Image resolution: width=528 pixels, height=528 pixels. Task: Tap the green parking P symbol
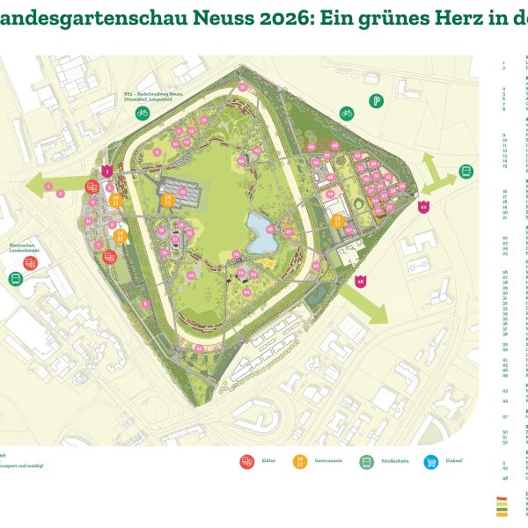coord(376,101)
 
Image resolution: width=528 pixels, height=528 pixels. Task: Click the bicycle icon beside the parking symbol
coord(347,114)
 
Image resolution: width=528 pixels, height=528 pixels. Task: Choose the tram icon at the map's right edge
coord(466,172)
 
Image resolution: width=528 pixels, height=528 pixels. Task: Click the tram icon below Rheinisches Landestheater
coord(15,278)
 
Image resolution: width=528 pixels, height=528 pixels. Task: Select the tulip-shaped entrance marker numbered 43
coord(423,207)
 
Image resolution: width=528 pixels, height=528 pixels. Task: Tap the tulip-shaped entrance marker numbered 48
coord(360,282)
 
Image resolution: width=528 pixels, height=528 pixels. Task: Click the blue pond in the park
coord(263,233)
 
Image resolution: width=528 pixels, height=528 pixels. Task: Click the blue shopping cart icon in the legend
coord(431,461)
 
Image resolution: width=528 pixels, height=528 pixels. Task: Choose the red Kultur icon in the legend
coord(246,461)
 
